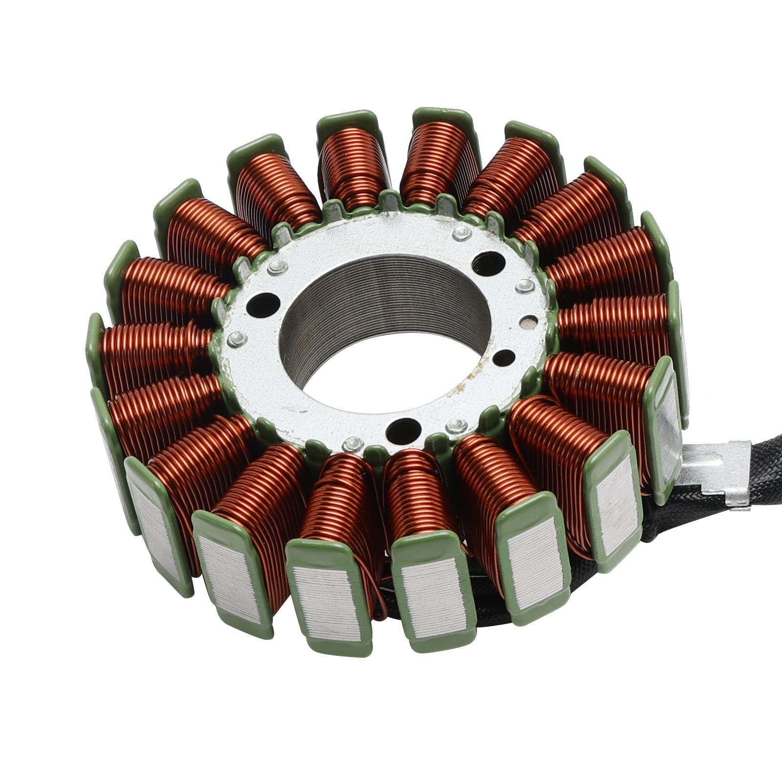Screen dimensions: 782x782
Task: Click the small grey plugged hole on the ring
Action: [x=527, y=321]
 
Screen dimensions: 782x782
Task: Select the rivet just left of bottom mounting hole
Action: [x=350, y=443]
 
